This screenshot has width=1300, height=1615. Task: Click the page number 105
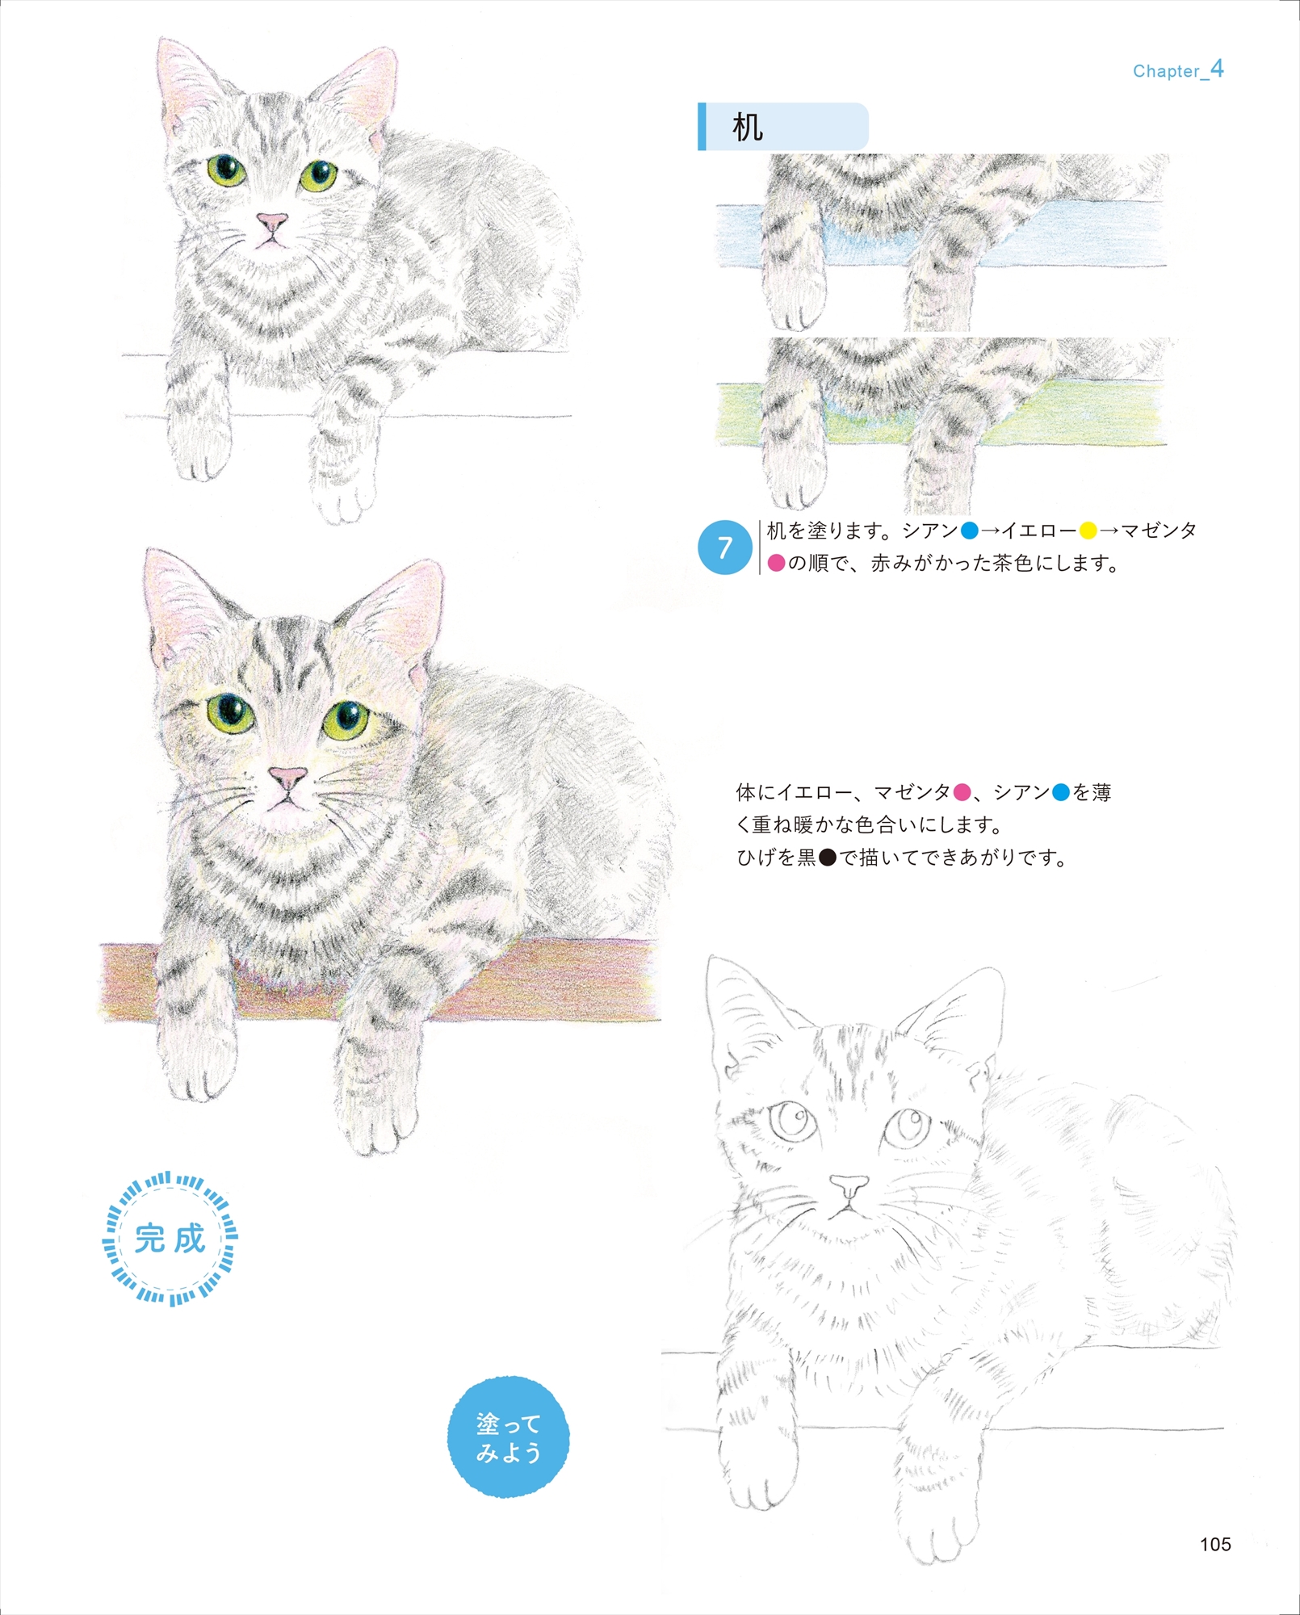[x=1214, y=1544]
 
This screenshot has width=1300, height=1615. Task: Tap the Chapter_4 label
[x=1178, y=69]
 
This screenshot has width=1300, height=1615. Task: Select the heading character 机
[x=747, y=127]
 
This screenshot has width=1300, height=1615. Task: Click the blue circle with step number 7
[x=724, y=547]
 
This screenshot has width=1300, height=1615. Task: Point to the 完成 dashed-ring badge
[x=170, y=1239]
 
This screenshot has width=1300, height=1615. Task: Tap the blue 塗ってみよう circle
[x=508, y=1437]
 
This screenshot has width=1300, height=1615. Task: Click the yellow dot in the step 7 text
[x=1088, y=531]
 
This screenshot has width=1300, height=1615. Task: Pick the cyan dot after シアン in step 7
[x=969, y=531]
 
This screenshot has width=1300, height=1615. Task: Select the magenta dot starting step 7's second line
[x=776, y=563]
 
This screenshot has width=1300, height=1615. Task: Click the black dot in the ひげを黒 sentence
[x=828, y=857]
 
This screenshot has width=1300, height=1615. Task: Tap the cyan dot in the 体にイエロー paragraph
[x=1060, y=792]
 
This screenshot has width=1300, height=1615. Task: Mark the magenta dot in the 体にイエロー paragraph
[x=962, y=792]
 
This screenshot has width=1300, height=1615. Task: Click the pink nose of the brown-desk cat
[x=287, y=778]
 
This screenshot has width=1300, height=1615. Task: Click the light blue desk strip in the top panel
[x=941, y=234]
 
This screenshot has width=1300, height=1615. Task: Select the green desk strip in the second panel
[x=941, y=413]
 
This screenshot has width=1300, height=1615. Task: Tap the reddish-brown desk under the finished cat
[x=380, y=980]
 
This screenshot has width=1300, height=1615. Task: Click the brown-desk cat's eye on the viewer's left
[x=230, y=712]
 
